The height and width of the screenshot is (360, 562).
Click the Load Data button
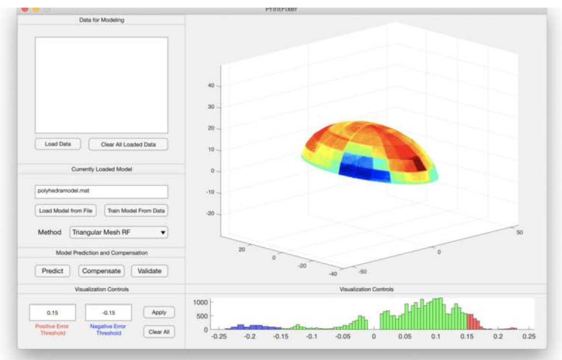pos(57,144)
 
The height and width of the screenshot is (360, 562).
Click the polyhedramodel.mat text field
pos(101,192)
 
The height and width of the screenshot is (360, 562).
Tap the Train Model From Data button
pos(136,210)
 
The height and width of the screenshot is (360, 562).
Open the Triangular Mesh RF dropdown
pos(119,232)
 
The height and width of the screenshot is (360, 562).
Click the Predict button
pos(52,271)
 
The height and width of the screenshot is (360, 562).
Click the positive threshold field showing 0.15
pos(52,313)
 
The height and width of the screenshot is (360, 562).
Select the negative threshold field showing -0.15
pos(108,313)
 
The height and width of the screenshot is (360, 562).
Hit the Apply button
pos(159,313)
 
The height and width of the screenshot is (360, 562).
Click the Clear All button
pos(159,332)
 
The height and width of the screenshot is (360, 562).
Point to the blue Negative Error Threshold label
pos(109,330)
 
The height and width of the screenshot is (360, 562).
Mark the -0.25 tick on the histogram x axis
pos(219,336)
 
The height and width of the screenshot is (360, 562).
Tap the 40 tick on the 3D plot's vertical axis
pos(212,86)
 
